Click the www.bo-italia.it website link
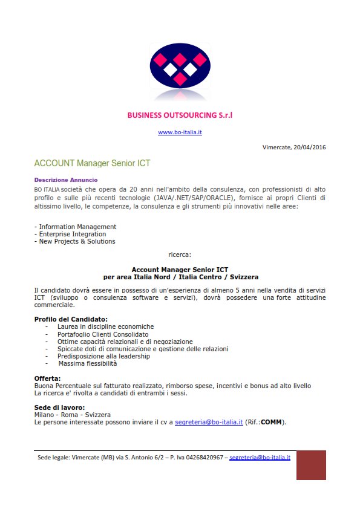180,132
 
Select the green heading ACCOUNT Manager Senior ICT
92,163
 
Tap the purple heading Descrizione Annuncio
66,180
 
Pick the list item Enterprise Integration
72,234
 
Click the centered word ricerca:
180,255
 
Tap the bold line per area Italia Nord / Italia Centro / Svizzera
181,277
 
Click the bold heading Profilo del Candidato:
71,319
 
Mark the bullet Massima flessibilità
87,363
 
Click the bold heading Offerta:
48,378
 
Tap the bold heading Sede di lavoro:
59,407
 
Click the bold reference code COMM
272,422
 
